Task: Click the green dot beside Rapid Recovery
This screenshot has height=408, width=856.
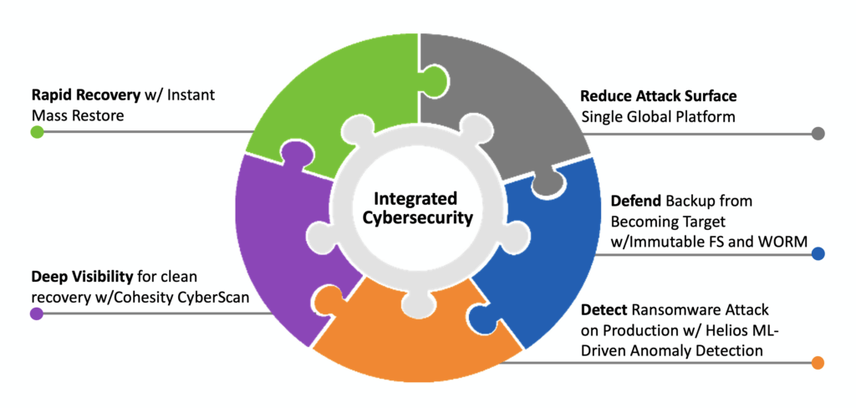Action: [x=37, y=132]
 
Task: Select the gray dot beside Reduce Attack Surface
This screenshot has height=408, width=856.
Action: [x=818, y=133]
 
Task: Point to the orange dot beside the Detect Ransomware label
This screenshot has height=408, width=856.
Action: [x=818, y=362]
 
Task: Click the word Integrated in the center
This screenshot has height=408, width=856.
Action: [x=415, y=199]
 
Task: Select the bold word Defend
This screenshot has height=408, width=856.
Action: [x=634, y=201]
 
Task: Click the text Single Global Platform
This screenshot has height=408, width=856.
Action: [x=659, y=116]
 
